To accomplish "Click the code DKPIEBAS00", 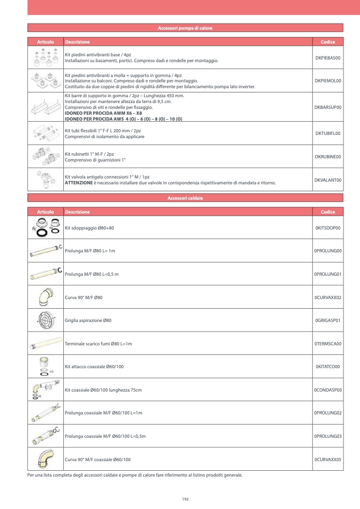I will coord(328,57).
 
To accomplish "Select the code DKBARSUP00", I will coord(328,107).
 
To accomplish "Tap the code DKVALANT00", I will coord(328,180).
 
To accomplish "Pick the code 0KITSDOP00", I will coord(328,227).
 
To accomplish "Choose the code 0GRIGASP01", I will coord(328,320).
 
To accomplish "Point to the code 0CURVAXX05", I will coord(328,459).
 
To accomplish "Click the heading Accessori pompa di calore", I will coord(185,28).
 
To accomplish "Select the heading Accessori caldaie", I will coord(185,198).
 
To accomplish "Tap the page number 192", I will coord(185,499).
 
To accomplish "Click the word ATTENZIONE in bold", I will coord(79,182).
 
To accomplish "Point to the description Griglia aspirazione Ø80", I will coord(88,320).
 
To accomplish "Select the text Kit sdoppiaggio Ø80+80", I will coord(89,227).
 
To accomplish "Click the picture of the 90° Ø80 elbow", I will coord(46,298).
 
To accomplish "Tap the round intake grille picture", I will coord(45,320).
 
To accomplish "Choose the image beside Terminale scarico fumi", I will coord(45,344).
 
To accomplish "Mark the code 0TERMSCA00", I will coord(328,344).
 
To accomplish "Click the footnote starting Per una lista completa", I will coord(135,474).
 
